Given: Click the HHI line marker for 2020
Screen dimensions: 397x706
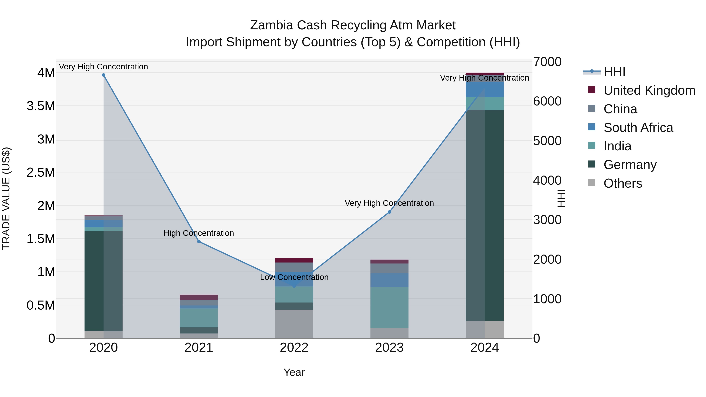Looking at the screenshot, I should click(x=104, y=75).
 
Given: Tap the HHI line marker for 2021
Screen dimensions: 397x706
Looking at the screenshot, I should click(x=199, y=241).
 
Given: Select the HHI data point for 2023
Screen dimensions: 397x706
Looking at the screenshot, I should click(x=389, y=212).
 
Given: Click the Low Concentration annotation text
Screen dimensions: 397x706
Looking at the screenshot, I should click(x=294, y=277).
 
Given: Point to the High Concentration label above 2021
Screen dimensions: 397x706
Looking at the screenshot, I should click(x=199, y=233).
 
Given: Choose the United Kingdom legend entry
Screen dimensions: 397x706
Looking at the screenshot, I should click(x=649, y=90).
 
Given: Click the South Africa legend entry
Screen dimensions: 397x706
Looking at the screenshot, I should click(x=638, y=128).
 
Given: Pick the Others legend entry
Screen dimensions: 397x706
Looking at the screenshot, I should click(x=623, y=183).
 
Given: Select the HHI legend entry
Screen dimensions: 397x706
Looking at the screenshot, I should click(x=614, y=72).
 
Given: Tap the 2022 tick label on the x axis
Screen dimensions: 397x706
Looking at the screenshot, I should click(x=294, y=348).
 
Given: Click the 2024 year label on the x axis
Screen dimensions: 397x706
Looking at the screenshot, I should click(x=485, y=348).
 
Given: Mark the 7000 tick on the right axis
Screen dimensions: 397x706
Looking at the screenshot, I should click(x=547, y=62).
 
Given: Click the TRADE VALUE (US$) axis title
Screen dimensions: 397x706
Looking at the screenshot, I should click(x=6, y=198).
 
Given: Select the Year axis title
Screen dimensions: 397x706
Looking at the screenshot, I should click(x=294, y=372).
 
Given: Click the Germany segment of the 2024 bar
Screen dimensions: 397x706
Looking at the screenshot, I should click(x=485, y=215).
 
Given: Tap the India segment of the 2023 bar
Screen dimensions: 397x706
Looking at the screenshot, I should click(x=389, y=307).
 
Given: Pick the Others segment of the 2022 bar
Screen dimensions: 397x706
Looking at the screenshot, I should click(x=294, y=324).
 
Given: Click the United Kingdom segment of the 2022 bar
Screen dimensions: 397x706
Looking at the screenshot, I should click(x=294, y=260).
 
